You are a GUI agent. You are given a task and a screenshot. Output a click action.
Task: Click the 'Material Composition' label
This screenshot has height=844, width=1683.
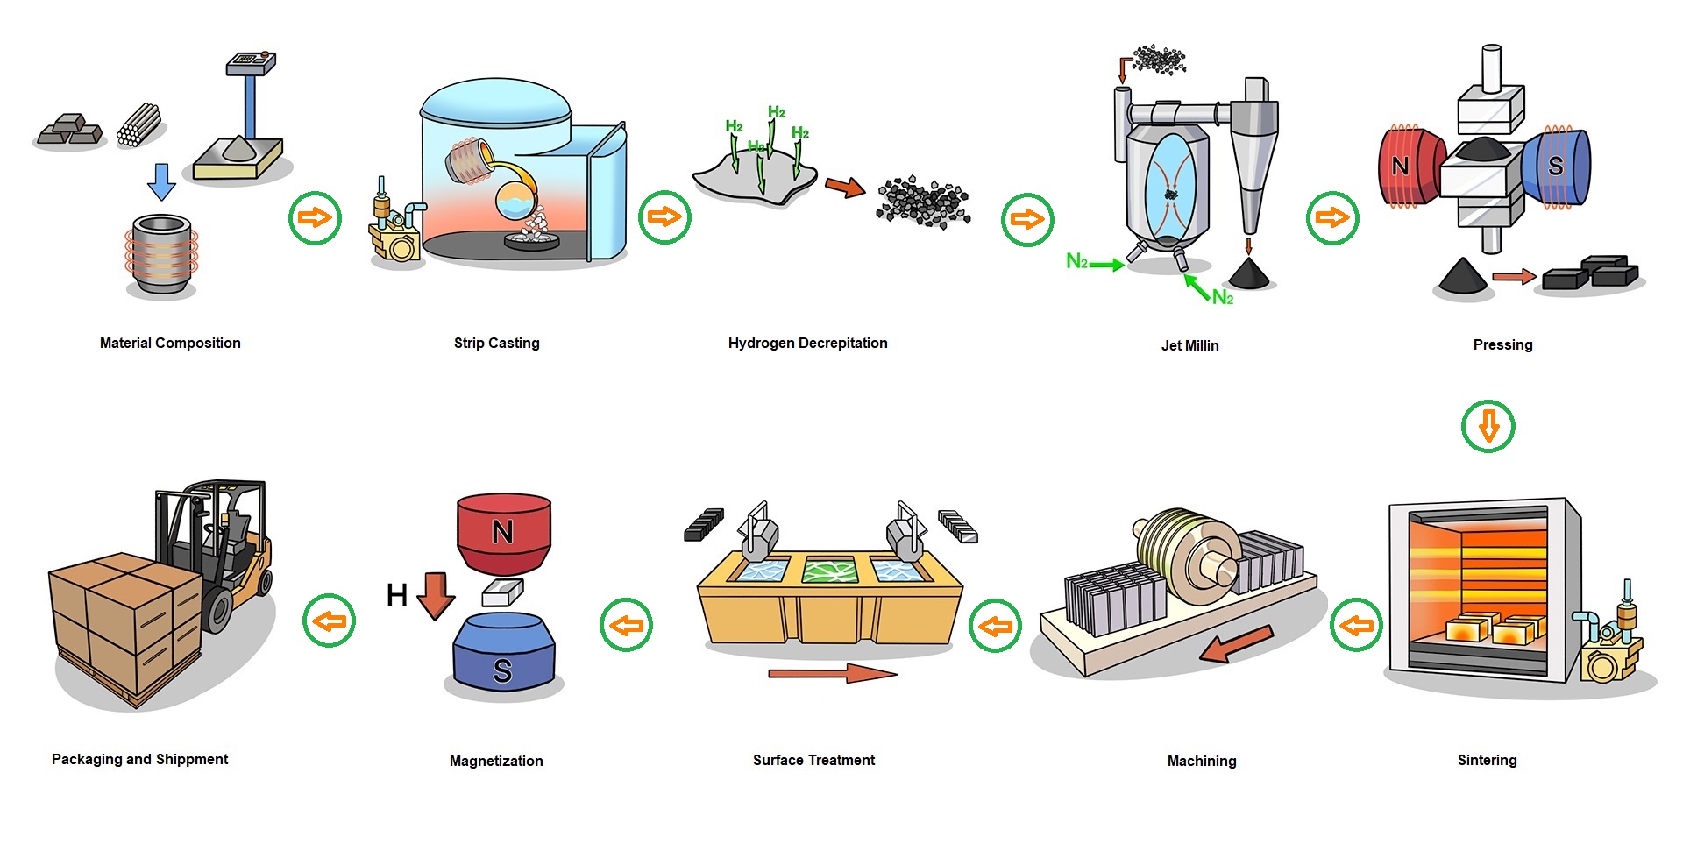(170, 343)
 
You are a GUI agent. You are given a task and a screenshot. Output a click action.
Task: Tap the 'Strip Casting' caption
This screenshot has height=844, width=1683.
(496, 343)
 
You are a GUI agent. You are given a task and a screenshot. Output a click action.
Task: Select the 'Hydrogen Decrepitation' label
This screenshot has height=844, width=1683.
(807, 343)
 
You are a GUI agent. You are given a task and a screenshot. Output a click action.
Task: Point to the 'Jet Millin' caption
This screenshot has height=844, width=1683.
(1189, 345)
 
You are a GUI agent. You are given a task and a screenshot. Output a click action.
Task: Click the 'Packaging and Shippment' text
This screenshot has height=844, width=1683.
(139, 759)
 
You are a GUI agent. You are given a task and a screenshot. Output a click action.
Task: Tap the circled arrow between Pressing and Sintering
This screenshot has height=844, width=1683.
(1488, 427)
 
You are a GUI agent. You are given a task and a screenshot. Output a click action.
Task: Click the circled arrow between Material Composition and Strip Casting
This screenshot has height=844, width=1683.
(315, 217)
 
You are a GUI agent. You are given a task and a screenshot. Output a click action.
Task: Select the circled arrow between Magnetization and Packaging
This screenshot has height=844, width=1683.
(329, 621)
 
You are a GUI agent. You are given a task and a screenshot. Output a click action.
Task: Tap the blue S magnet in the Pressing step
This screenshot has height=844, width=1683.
(1556, 167)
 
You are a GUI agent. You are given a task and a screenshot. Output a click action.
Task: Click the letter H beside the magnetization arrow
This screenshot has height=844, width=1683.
(396, 596)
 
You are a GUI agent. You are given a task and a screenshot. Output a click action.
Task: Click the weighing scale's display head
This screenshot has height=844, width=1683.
(251, 62)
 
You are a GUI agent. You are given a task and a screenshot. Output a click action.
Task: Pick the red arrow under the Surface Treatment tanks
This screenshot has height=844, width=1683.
(833, 673)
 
